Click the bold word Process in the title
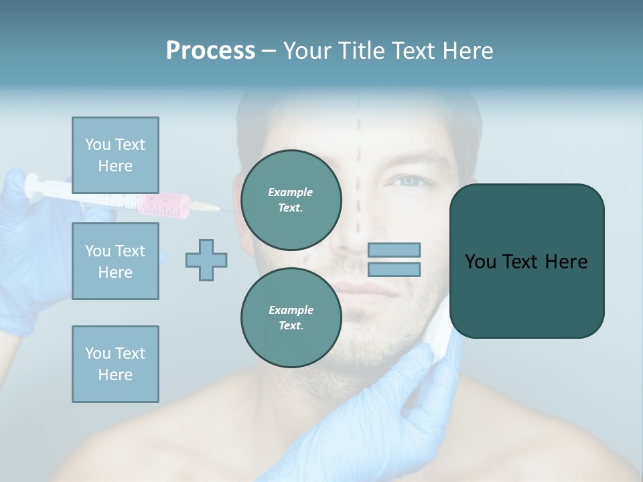click(210, 51)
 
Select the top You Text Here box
click(115, 155)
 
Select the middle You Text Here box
click(115, 261)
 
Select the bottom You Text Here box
click(115, 364)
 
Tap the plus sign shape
click(206, 260)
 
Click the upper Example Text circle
click(291, 199)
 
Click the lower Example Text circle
click(291, 317)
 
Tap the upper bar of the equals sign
click(394, 250)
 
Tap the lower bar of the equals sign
click(394, 270)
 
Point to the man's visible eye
click(407, 181)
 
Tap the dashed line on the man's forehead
click(358, 127)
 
